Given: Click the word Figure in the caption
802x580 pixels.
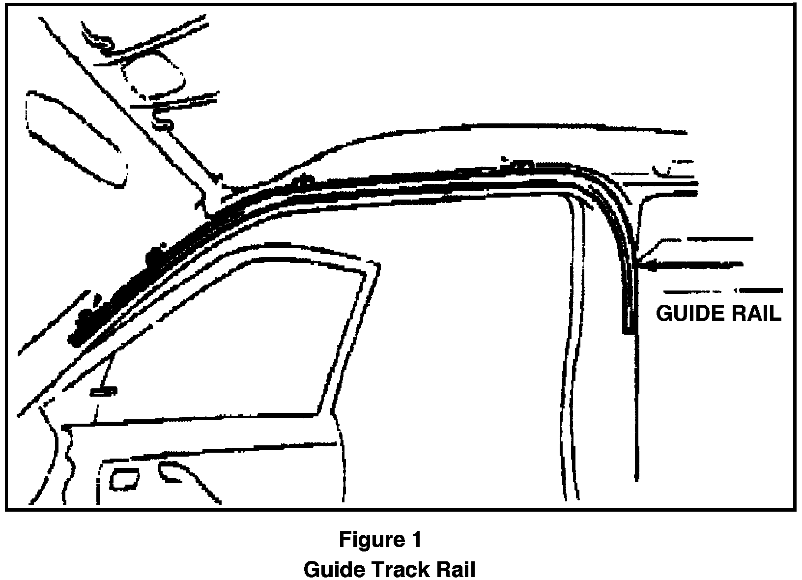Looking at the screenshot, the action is [367, 540].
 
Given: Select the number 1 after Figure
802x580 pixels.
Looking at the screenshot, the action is [415, 540].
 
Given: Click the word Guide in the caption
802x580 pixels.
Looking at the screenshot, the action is [334, 570].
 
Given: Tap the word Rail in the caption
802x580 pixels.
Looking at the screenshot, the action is [456, 570].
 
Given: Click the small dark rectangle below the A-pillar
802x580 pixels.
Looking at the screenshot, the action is [104, 391].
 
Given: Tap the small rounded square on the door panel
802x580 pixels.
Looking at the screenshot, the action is [124, 478].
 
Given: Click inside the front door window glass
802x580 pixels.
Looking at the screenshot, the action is [246, 344].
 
